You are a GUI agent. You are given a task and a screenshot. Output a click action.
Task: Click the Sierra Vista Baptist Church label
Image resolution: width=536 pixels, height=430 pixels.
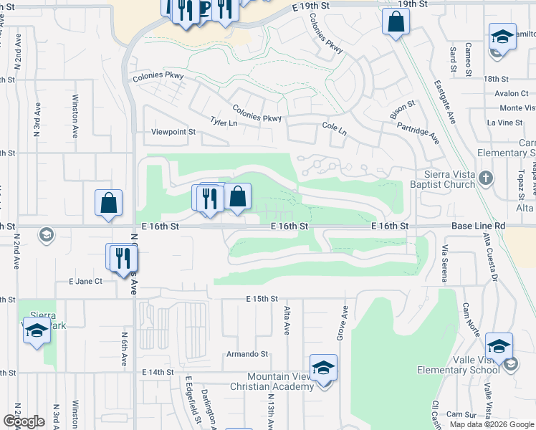point(440,178)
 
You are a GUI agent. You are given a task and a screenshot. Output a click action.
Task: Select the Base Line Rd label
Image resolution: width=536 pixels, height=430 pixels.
point(478,226)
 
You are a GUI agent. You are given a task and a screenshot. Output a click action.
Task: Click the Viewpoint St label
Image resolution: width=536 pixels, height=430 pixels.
point(173,132)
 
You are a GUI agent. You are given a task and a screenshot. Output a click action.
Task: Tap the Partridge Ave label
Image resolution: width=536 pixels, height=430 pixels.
point(419,133)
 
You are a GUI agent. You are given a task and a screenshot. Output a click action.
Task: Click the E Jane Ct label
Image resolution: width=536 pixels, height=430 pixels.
point(85,282)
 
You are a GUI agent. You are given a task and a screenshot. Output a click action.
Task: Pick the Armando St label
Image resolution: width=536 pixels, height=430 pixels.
point(247,354)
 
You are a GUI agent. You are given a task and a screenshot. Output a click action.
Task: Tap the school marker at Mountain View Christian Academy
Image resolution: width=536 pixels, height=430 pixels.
point(323,368)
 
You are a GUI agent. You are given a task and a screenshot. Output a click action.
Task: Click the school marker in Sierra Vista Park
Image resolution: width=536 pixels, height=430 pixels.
point(37,330)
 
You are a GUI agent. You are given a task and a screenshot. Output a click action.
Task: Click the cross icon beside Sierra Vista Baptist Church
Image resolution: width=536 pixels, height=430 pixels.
point(485,178)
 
